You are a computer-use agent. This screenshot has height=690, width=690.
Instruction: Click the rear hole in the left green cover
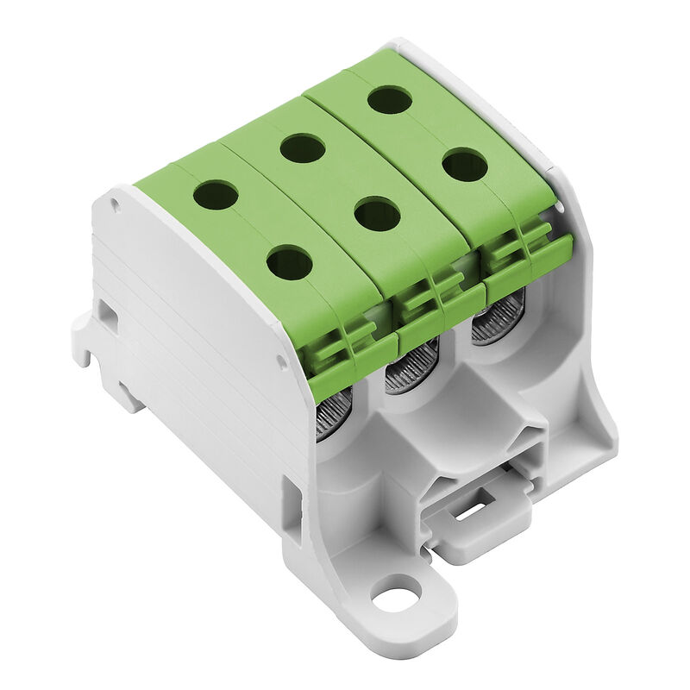click(215, 194)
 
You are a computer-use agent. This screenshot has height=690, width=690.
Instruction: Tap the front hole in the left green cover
click(290, 262)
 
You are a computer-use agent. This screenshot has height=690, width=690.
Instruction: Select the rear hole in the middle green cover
click(302, 148)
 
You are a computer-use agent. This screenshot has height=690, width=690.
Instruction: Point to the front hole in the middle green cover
click(377, 213)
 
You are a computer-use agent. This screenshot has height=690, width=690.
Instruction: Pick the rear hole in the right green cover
click(390, 99)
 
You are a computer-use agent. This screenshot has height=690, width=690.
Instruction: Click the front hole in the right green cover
click(466, 164)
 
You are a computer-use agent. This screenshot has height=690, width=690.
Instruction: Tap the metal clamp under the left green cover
click(333, 414)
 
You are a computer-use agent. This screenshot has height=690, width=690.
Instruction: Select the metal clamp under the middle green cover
click(411, 367)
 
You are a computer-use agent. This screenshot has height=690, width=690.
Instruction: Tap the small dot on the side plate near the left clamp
click(281, 363)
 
